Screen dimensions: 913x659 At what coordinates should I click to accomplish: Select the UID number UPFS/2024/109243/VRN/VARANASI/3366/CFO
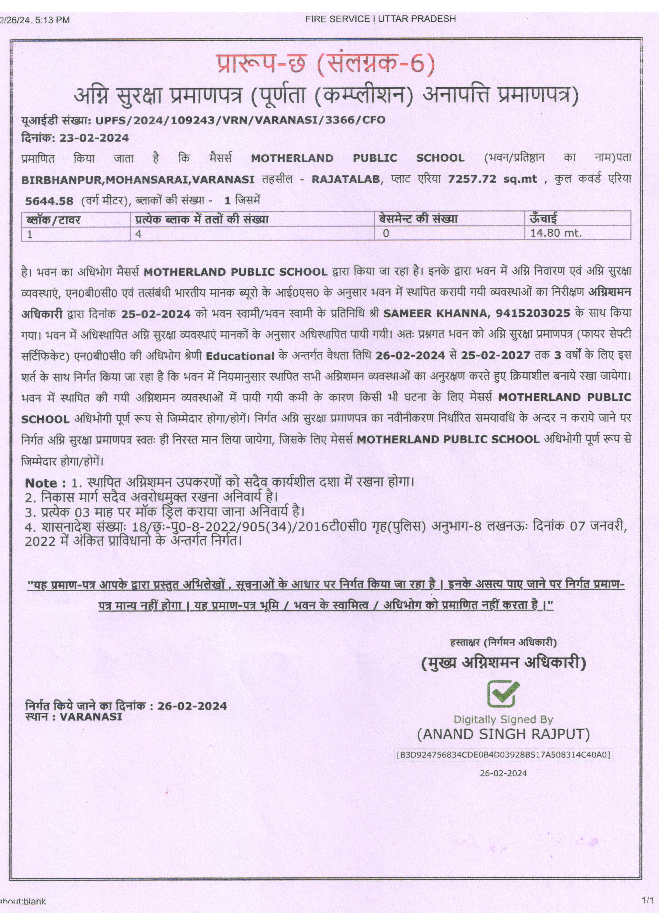tap(240, 120)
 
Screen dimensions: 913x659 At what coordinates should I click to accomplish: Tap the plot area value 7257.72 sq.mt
tap(492, 179)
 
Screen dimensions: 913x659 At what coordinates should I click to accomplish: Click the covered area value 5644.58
tap(49, 201)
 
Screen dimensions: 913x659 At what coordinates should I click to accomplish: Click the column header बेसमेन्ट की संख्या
tap(418, 219)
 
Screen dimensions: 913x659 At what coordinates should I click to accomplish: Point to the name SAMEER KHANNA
tap(435, 313)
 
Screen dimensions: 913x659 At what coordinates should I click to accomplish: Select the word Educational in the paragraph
tap(240, 356)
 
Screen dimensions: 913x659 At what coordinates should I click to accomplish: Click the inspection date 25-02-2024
tap(156, 314)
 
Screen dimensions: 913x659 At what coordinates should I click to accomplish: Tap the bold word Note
tap(41, 483)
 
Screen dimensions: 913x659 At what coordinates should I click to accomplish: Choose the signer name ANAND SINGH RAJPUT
tap(503, 734)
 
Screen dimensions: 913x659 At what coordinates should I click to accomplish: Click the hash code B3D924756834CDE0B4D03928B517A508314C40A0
tap(503, 754)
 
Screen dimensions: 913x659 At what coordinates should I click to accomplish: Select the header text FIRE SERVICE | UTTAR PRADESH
tap(380, 19)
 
